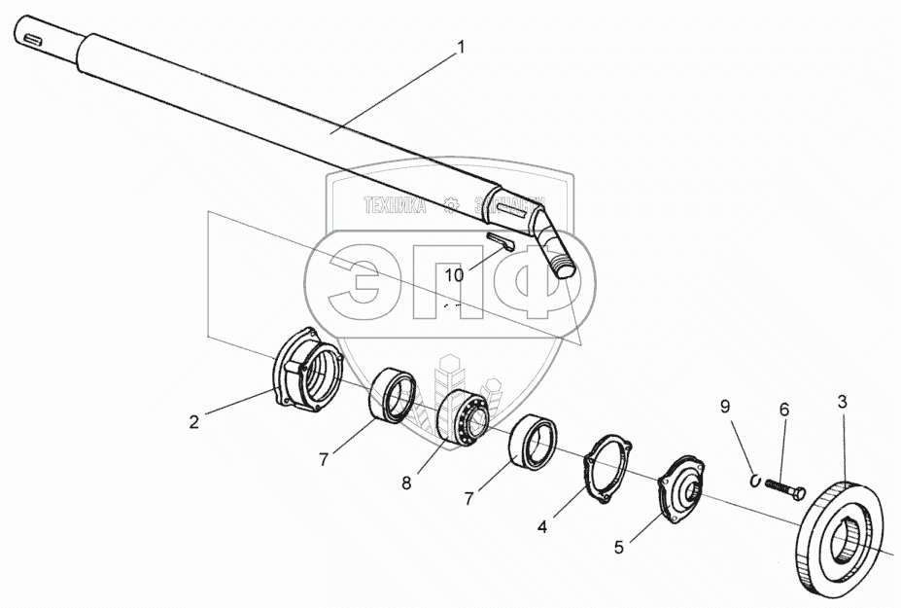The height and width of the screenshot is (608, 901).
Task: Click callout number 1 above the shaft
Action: tap(461, 46)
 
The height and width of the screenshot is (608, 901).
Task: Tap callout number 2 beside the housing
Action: tap(195, 421)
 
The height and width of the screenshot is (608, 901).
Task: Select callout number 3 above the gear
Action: tap(843, 400)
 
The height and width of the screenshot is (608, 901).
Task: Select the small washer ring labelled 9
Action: tap(756, 477)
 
